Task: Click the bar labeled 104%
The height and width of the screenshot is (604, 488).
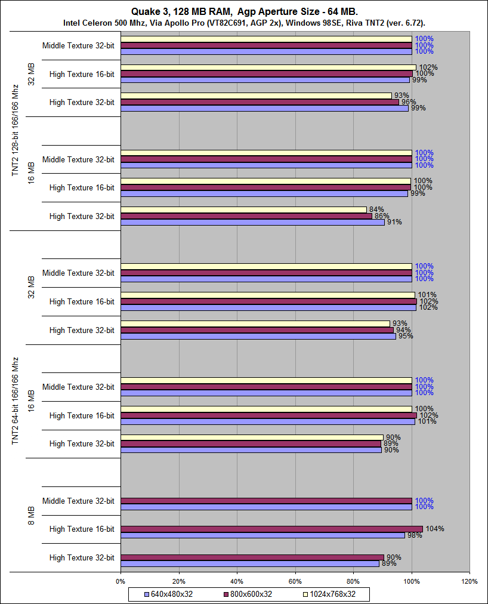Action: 271,529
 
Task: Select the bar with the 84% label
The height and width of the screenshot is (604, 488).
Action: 243,209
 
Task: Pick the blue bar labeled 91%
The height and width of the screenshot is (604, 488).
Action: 252,222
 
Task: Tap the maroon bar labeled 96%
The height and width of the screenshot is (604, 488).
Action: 260,102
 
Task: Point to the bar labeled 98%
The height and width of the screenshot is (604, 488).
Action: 262,535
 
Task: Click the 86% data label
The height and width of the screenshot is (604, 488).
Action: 381,216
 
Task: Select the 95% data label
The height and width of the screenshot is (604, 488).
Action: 405,336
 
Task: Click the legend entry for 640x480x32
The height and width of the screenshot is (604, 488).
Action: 170,594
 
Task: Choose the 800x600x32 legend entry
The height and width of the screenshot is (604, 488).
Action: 248,594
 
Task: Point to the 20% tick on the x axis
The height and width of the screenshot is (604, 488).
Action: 178,581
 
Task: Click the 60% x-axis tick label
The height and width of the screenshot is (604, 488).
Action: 295,581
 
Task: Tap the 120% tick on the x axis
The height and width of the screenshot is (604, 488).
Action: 470,581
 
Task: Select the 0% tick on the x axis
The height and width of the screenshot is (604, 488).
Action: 121,581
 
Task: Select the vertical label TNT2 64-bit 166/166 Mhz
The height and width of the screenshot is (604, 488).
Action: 16,401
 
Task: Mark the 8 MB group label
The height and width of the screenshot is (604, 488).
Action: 32,514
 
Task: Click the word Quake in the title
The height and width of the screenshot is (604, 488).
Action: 143,11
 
